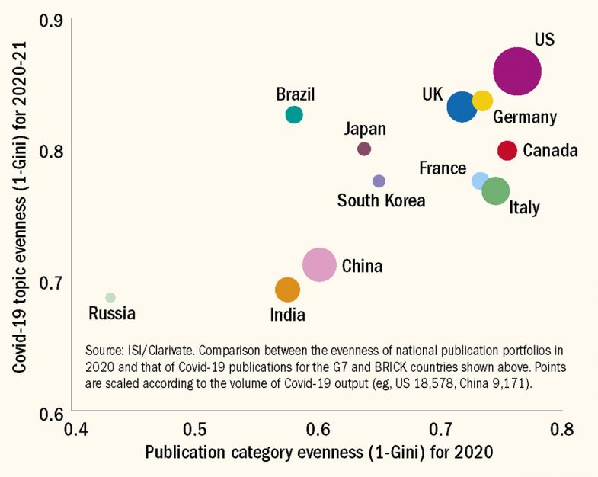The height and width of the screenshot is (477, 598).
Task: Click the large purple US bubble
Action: [x=517, y=72]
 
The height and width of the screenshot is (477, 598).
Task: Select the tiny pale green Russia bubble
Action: [x=110, y=297]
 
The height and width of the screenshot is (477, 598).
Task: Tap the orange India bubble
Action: [x=287, y=290]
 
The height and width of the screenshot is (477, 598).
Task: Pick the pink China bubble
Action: [x=319, y=265]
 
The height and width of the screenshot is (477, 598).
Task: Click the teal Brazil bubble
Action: [x=294, y=114]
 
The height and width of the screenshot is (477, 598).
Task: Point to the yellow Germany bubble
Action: [x=482, y=101]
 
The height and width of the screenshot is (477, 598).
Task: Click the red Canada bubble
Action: [x=507, y=150]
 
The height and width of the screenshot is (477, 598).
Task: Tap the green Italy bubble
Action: [x=496, y=190]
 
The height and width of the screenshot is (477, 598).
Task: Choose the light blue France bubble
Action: [x=480, y=181]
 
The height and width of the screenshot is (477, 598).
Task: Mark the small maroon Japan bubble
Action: [x=364, y=149]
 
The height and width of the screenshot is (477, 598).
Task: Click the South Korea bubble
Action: [x=379, y=181]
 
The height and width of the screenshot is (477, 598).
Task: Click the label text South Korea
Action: [x=381, y=201]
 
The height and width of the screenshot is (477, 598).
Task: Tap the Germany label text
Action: [x=525, y=118]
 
